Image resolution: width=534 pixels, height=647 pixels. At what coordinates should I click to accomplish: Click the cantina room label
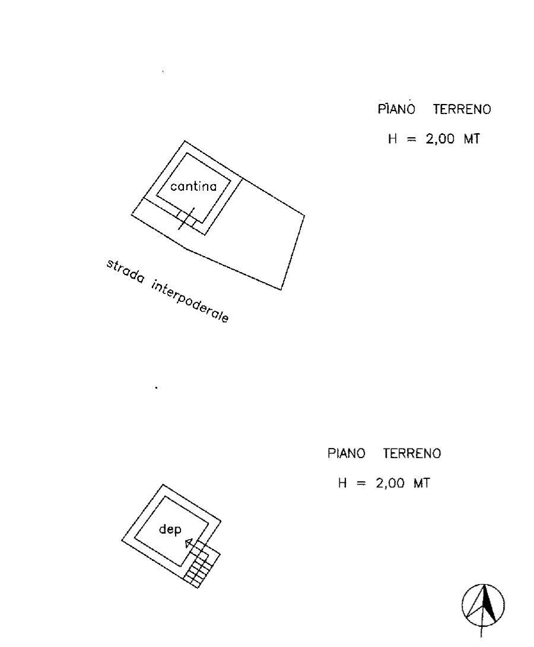point(193,187)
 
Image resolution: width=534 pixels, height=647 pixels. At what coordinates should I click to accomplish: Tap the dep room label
point(170,529)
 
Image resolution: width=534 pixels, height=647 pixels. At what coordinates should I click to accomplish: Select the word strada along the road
point(125,271)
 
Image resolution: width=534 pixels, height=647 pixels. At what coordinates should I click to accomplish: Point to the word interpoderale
point(190,301)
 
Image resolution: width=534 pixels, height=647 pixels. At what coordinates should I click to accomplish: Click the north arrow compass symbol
point(483,608)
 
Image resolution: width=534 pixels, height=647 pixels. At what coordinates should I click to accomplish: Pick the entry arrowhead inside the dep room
point(189,542)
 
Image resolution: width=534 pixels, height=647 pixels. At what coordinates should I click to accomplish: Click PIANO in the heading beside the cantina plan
point(396,109)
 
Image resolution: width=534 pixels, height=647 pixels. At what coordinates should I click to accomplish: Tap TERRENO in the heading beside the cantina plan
point(462,109)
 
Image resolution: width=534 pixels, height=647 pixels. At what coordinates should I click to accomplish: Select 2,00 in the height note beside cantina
point(440,139)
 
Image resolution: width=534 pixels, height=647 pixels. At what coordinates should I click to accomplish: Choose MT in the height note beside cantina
point(472,138)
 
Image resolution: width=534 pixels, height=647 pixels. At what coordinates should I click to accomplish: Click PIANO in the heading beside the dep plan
point(346,453)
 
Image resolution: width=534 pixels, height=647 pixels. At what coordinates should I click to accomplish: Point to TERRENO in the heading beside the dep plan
point(412,453)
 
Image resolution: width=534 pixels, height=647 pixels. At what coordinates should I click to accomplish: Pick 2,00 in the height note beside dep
point(390,483)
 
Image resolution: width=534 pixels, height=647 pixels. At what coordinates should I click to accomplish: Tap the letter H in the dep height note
point(342,483)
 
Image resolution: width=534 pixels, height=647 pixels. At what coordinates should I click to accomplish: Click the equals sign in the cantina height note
point(412,140)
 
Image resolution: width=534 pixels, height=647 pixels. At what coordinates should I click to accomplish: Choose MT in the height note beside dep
point(422,483)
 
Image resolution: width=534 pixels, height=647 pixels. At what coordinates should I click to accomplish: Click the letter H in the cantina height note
point(393,138)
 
